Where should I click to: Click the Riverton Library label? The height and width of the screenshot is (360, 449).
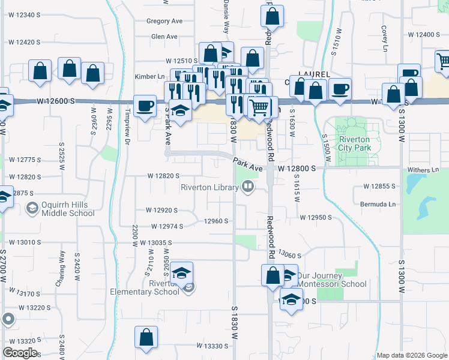tap(210, 188)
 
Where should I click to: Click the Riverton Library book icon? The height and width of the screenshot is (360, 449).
tap(247, 188)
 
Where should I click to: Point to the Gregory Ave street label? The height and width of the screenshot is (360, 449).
tap(164, 21)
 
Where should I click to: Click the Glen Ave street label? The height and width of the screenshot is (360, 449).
tap(164, 37)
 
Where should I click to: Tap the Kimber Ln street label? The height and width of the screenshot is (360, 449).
tap(149, 77)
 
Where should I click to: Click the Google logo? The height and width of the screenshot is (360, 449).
tap(20, 352)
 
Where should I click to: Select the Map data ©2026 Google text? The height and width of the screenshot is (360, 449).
tap(412, 355)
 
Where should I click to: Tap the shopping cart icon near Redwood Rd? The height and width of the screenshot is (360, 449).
tap(259, 109)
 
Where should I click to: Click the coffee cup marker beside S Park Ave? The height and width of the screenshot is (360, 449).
tap(144, 107)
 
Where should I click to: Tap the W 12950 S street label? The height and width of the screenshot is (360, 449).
tap(316, 217)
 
